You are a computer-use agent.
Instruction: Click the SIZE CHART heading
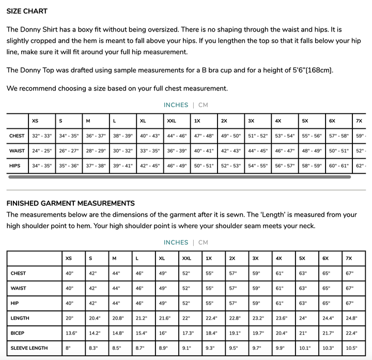[x=27, y=11]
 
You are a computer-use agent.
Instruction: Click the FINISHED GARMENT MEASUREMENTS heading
[x=71, y=203]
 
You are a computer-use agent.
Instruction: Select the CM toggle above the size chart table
[x=203, y=105]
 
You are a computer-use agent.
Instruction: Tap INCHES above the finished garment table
[x=176, y=243]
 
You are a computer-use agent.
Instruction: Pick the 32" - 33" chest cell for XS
[x=42, y=136]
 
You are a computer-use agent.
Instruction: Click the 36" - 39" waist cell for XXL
[x=177, y=151]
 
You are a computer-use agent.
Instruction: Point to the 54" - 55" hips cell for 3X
[x=258, y=166]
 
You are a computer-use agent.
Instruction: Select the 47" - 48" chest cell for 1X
[x=204, y=136]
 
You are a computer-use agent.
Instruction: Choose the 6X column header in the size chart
[x=332, y=121]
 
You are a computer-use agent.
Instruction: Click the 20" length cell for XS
[x=70, y=319]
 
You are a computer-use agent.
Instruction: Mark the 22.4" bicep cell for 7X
[x=352, y=334]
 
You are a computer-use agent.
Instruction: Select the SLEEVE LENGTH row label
[x=29, y=349]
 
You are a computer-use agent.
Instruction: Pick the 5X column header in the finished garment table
[x=302, y=258]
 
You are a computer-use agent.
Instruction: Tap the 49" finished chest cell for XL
[x=163, y=273]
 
